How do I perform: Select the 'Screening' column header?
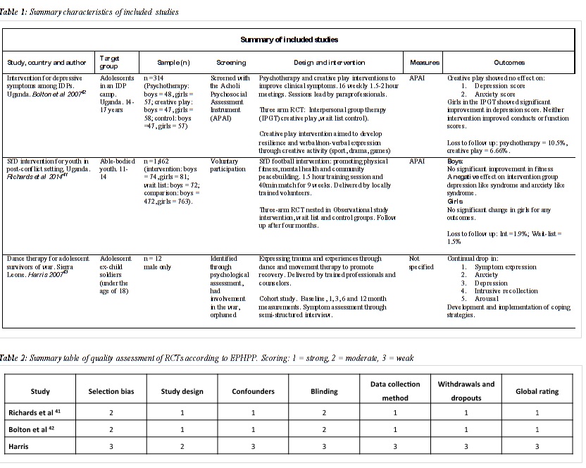point(224,63)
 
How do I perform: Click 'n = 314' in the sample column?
point(153,78)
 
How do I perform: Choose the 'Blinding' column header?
point(324,391)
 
